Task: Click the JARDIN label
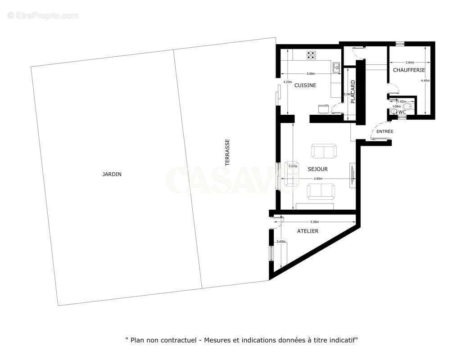[112, 174]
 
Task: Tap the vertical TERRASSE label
[227, 152]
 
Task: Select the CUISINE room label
[305, 85]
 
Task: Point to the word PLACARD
[353, 92]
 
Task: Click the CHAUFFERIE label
[409, 70]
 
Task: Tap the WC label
[402, 112]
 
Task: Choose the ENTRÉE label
[385, 131]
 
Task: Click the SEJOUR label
[317, 169]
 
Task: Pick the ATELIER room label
[308, 231]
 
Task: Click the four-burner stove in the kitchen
[311, 55]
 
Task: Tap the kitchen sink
[336, 67]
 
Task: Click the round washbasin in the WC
[394, 112]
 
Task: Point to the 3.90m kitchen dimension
[310, 74]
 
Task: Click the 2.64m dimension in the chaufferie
[410, 63]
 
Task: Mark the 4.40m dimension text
[425, 81]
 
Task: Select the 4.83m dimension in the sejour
[318, 179]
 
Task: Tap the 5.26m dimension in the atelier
[315, 222]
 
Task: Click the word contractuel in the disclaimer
[180, 341]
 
